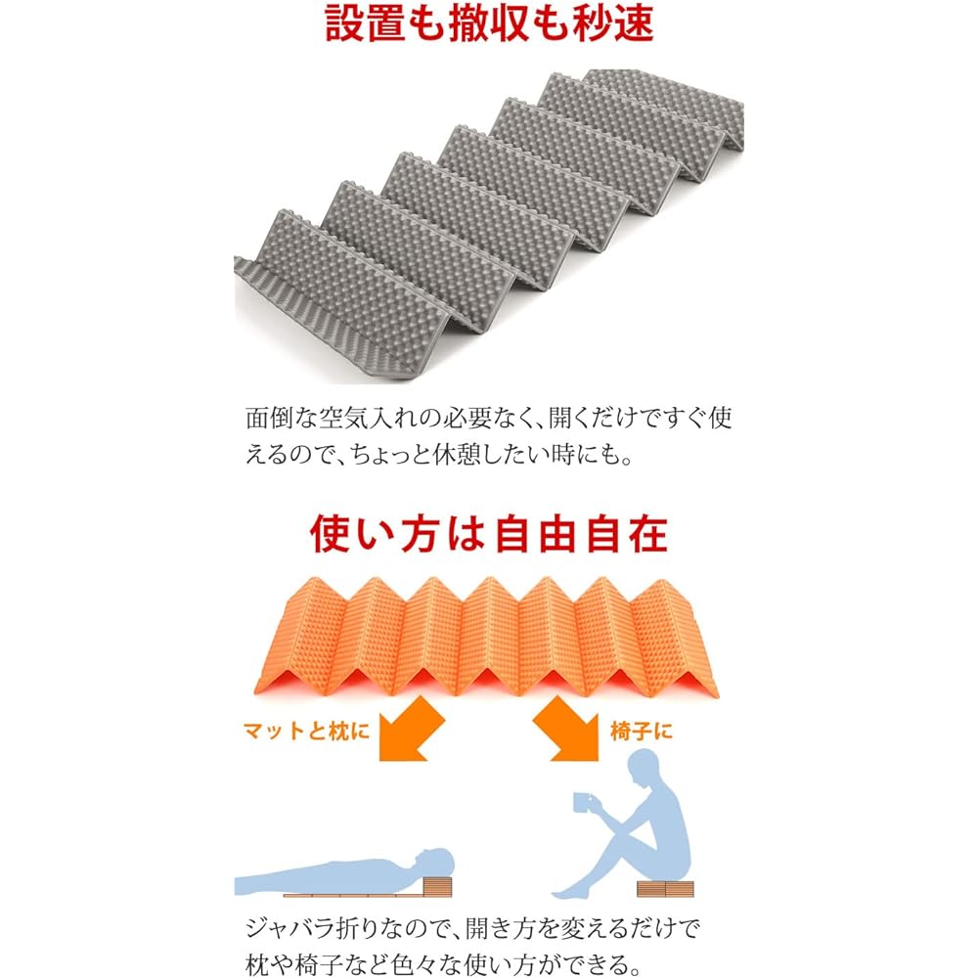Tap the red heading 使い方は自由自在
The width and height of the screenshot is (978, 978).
coord(488,535)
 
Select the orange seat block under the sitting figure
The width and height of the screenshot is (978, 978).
coord(665,888)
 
